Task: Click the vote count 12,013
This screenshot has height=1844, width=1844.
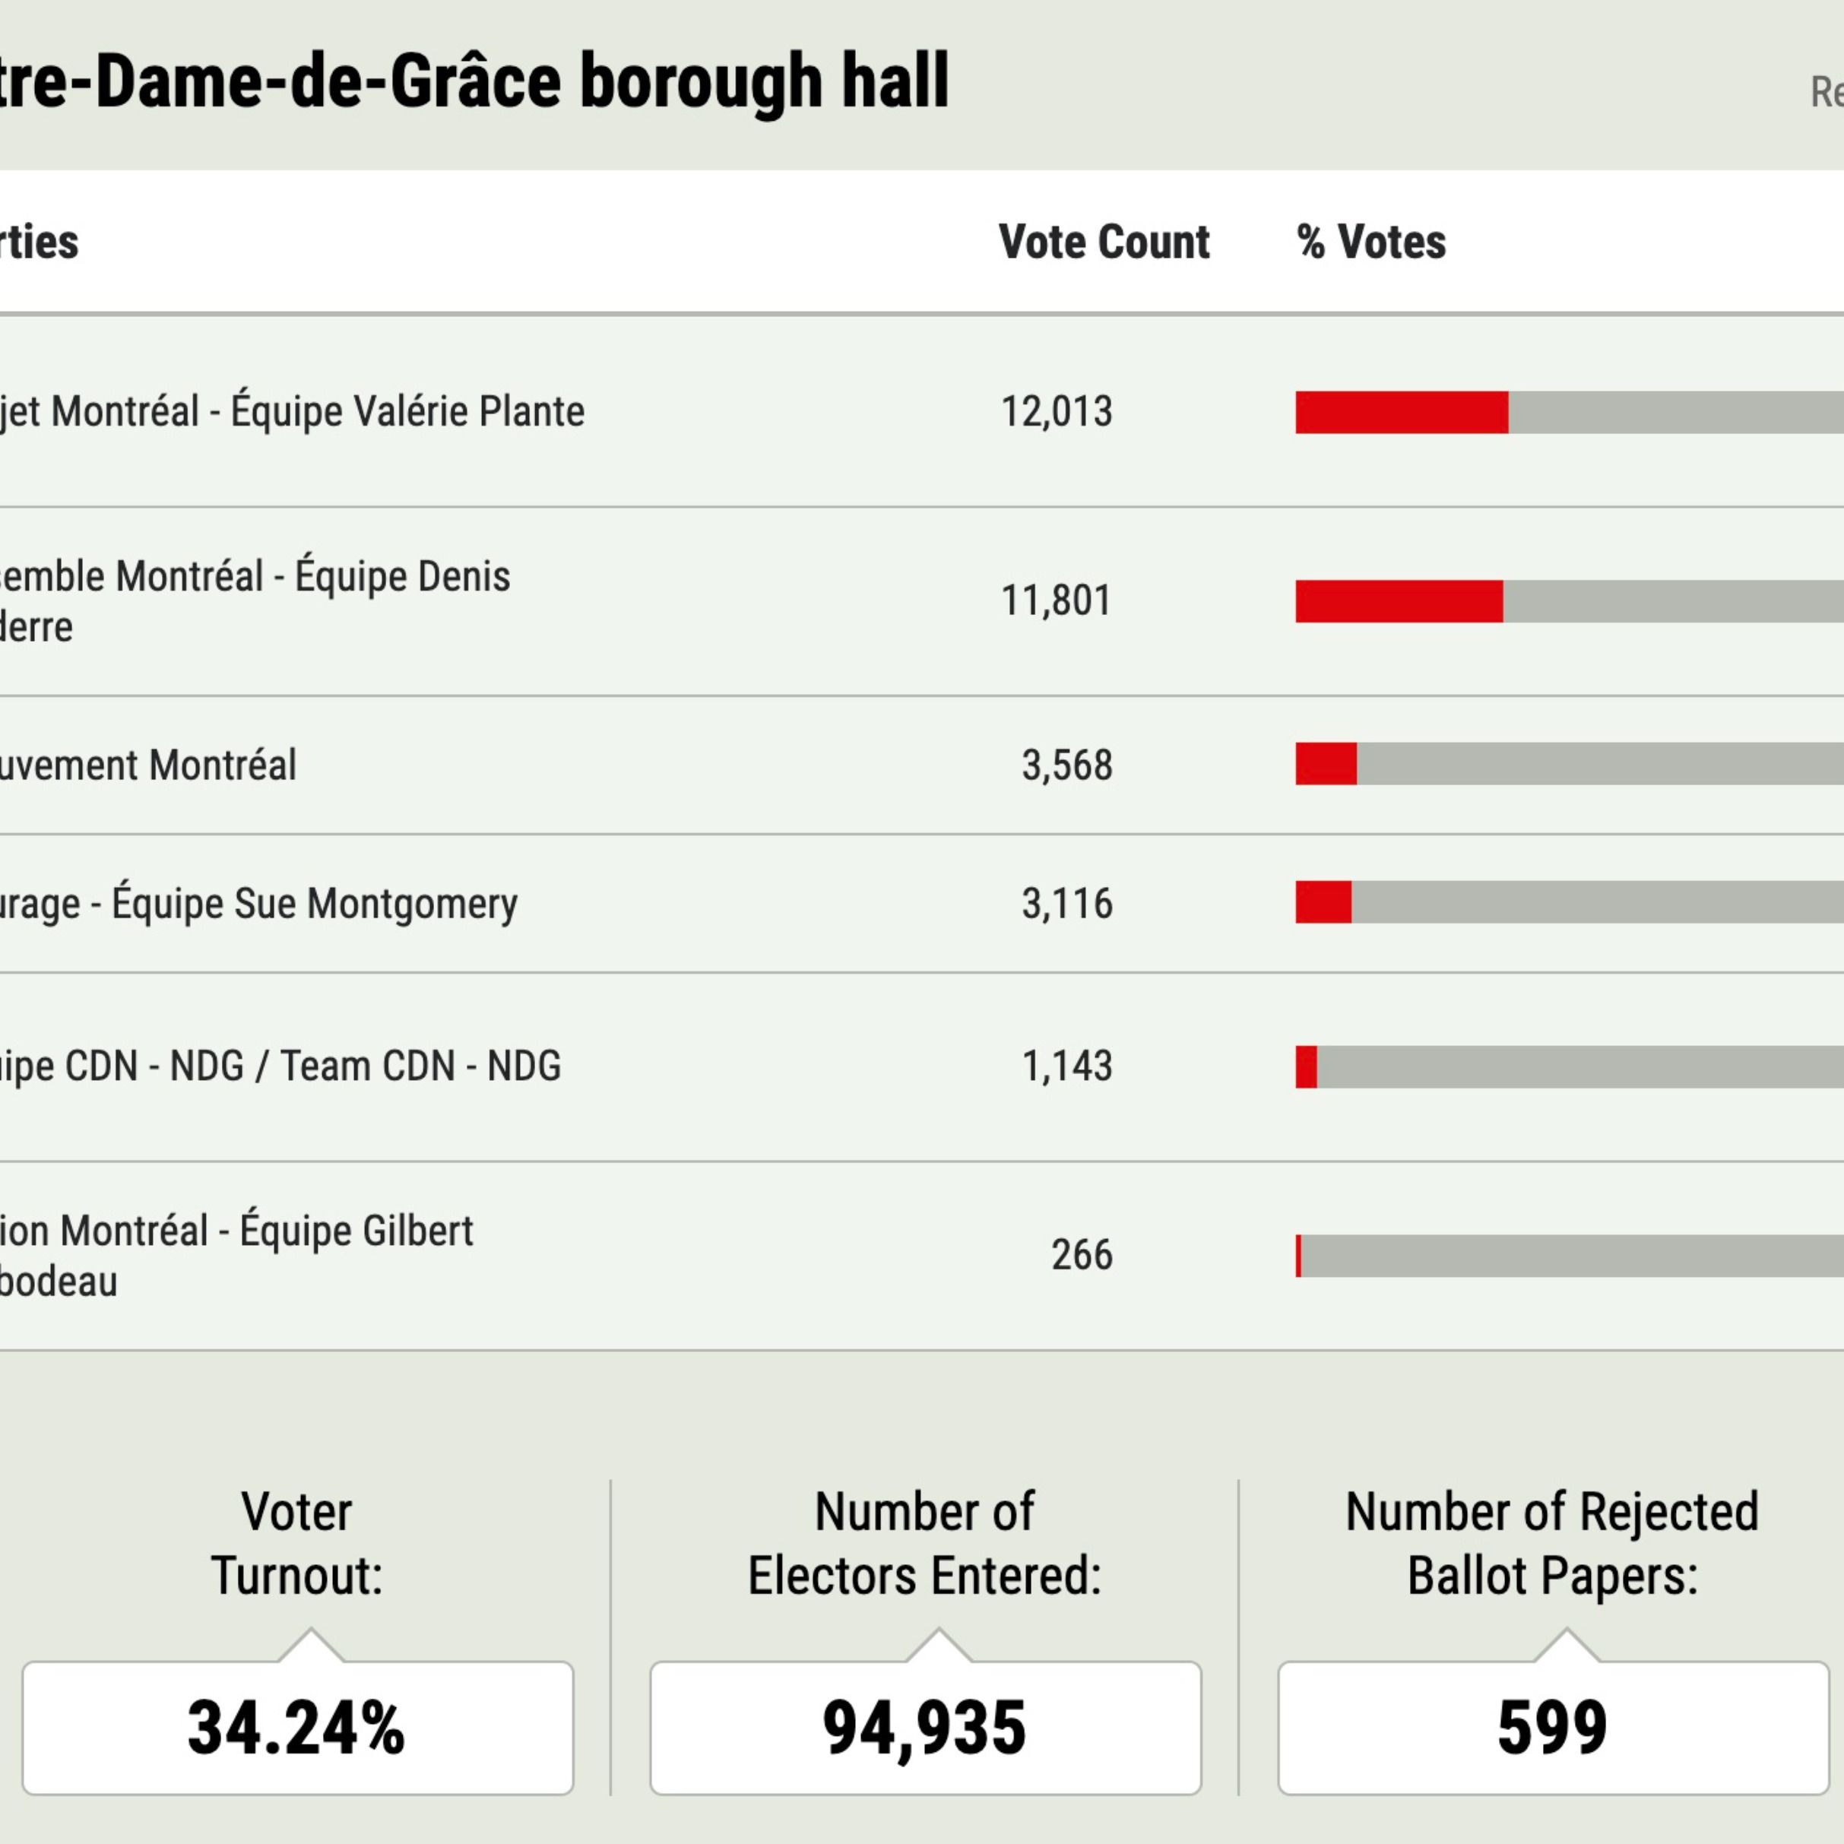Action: pyautogui.click(x=1056, y=412)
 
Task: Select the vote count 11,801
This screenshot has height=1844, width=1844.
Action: pyautogui.click(x=1056, y=601)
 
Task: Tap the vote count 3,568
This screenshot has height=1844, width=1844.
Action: pyautogui.click(x=1066, y=765)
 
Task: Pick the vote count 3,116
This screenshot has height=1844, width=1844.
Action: pyautogui.click(x=1066, y=903)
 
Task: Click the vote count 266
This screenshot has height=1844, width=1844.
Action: pyautogui.click(x=1082, y=1255)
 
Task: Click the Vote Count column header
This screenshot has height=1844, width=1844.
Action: pyautogui.click(x=1104, y=242)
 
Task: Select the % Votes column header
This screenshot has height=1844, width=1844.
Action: pyautogui.click(x=1370, y=242)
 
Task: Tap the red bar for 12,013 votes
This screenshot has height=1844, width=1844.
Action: pyautogui.click(x=1401, y=412)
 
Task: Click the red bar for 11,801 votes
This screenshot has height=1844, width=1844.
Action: pyautogui.click(x=1399, y=601)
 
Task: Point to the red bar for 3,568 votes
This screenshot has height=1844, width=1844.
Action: pyautogui.click(x=1326, y=765)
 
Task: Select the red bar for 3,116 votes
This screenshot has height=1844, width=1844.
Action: pyautogui.click(x=1323, y=902)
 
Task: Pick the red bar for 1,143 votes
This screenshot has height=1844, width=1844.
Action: pyautogui.click(x=1306, y=1066)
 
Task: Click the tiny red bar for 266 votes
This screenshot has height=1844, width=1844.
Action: pyautogui.click(x=1298, y=1255)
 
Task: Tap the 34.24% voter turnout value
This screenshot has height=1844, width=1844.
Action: pyautogui.click(x=297, y=1728)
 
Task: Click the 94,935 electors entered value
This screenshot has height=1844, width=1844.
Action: pyautogui.click(x=924, y=1728)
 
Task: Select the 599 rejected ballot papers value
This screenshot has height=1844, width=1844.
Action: pyautogui.click(x=1552, y=1728)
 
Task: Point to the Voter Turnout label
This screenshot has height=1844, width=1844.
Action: pyautogui.click(x=297, y=1542)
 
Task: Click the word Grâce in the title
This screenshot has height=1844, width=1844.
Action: pyautogui.click(x=474, y=82)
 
